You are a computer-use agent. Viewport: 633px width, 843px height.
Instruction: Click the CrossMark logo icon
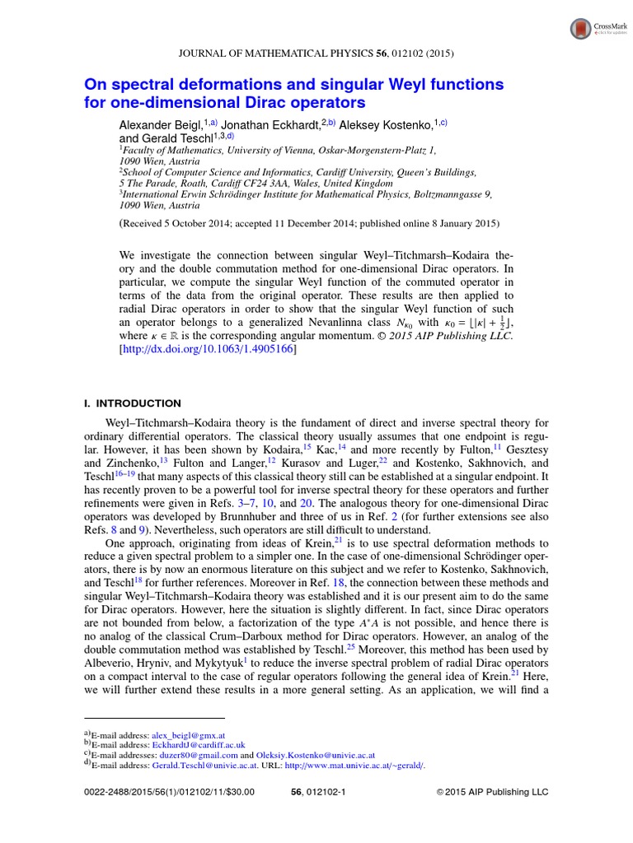tap(583, 29)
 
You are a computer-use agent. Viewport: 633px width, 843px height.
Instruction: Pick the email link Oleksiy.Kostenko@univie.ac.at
tap(314, 754)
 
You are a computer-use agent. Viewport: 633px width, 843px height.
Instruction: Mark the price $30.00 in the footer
tap(238, 792)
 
